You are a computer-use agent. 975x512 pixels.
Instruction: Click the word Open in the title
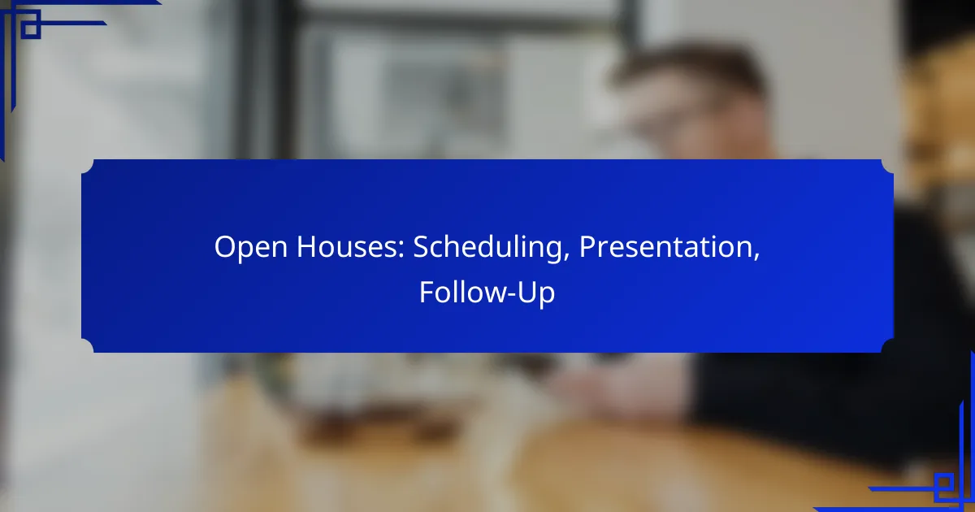[x=251, y=248]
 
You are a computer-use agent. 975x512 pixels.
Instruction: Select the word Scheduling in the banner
[x=487, y=248]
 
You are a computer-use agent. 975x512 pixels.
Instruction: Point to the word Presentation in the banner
[x=666, y=246]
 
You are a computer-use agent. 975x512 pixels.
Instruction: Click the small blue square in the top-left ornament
[x=31, y=28]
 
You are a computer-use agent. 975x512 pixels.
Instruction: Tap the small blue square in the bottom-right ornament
[x=943, y=483]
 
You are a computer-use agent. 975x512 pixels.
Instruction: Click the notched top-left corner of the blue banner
[x=88, y=167]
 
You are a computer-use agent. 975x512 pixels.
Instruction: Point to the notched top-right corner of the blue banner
[x=887, y=167]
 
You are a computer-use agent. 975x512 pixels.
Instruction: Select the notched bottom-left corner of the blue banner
[x=88, y=345]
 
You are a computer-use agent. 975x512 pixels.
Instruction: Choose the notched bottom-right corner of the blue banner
[x=887, y=345]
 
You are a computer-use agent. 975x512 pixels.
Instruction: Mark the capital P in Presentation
[x=587, y=247]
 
